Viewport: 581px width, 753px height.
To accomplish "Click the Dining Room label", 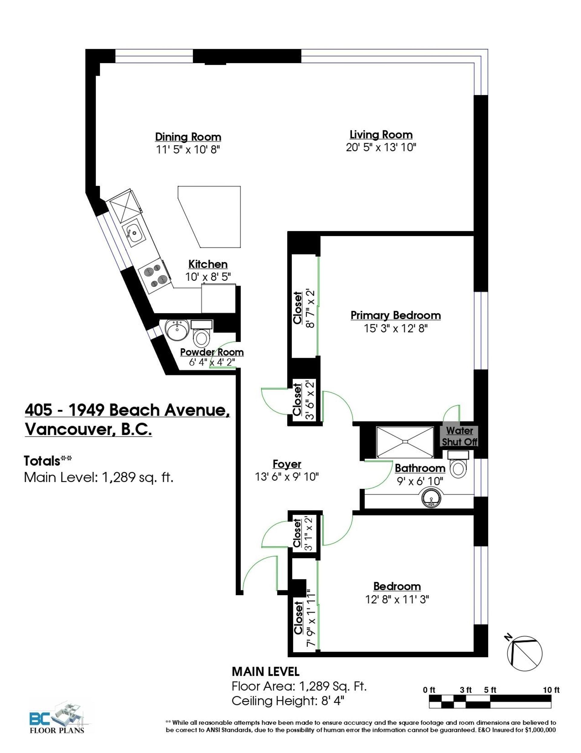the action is click(188, 137).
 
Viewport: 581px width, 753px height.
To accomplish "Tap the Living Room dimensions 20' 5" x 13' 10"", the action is click(381, 148).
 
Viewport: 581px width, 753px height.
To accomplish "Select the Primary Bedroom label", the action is click(396, 315).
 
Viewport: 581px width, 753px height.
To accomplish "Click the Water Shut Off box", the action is click(459, 436).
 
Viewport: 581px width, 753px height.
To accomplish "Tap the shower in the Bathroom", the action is click(405, 442).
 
